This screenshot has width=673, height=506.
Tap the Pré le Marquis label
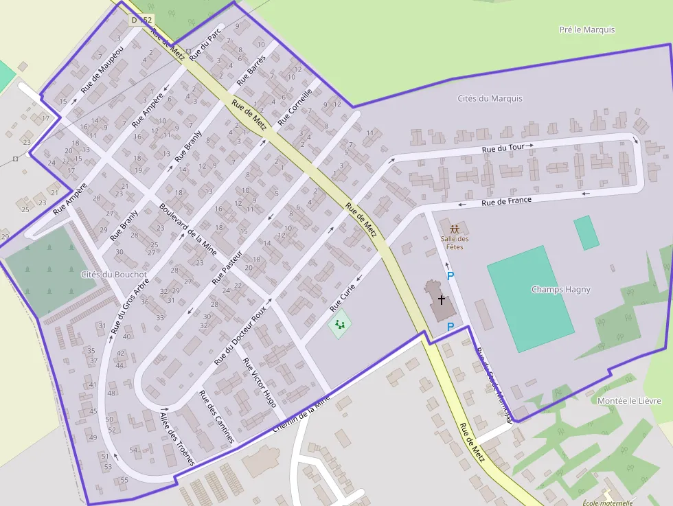[x=587, y=30]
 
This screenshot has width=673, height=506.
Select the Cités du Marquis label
[x=490, y=98]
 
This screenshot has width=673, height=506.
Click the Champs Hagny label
[x=560, y=289]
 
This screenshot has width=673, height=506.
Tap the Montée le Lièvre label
[x=629, y=401]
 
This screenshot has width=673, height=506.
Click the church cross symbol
[x=441, y=299]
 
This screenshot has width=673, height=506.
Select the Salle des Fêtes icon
[x=454, y=229]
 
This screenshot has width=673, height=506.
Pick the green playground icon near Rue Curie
[x=339, y=323]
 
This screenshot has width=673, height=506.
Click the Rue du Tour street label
[x=503, y=148]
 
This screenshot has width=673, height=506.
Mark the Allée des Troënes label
[x=177, y=439]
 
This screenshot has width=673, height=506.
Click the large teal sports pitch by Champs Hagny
[x=529, y=299]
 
